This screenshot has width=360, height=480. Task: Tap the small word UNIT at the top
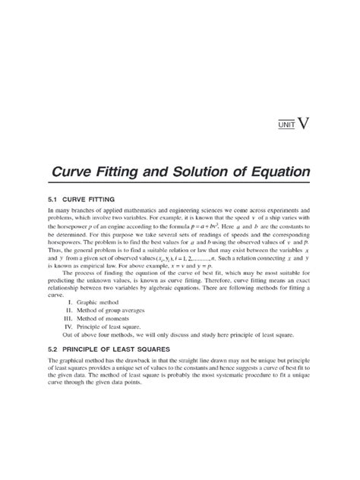click(x=285, y=124)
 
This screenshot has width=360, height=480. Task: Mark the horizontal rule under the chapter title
click(x=179, y=182)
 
